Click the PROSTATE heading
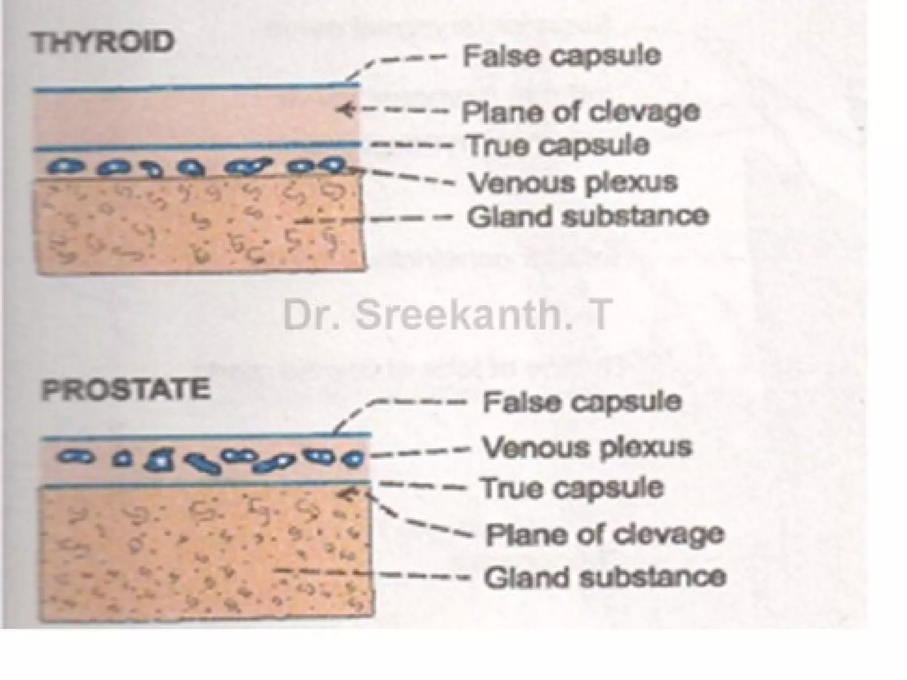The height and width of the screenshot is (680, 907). (x=126, y=390)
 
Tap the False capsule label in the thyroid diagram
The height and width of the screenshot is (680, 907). (x=562, y=56)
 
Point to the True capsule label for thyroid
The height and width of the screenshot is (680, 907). (x=558, y=145)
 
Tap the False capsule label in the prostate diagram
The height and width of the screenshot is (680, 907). (x=582, y=402)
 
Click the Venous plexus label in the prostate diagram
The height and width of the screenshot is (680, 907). (x=586, y=447)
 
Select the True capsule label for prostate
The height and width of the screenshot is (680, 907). (x=572, y=487)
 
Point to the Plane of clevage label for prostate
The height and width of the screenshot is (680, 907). (x=605, y=534)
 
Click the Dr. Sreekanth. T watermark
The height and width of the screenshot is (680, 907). (x=448, y=315)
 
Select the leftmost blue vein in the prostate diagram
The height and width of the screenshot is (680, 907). (x=76, y=456)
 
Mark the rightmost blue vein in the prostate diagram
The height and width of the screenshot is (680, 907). (x=353, y=459)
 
